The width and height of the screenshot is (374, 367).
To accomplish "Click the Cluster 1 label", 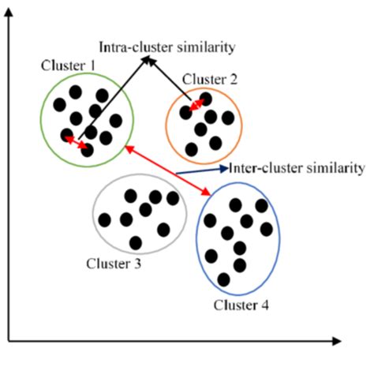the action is point(68,66).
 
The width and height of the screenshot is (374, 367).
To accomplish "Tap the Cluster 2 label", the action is point(210,79).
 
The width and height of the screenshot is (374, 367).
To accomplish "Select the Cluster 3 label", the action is point(114,264).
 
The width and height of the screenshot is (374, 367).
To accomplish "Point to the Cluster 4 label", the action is point(241,305).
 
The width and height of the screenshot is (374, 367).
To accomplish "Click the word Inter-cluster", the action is point(265,168).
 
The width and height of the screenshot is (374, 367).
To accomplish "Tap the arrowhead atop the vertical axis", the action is point(9,13).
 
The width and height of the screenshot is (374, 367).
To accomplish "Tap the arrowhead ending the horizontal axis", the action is point(337,341).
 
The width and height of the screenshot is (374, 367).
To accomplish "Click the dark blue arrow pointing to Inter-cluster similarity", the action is point(202,170).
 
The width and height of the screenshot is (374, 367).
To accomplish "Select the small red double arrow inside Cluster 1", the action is point(77,142).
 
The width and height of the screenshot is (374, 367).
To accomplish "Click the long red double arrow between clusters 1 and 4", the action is point(167,170).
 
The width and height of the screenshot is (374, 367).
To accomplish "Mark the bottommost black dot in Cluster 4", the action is point(224,279).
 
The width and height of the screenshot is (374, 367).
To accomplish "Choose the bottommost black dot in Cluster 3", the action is point(136,242).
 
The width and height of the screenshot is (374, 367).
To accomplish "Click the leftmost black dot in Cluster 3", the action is point(104,219).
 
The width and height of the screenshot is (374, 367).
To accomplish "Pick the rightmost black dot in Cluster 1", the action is point(116,121).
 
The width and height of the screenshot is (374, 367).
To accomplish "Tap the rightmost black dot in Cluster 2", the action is point(228,118).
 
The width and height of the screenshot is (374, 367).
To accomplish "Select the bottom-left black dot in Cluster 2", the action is point(192,149).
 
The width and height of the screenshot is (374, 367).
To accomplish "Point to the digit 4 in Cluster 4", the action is point(264,305).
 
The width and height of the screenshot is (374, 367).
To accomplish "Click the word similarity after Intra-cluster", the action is point(206,47).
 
